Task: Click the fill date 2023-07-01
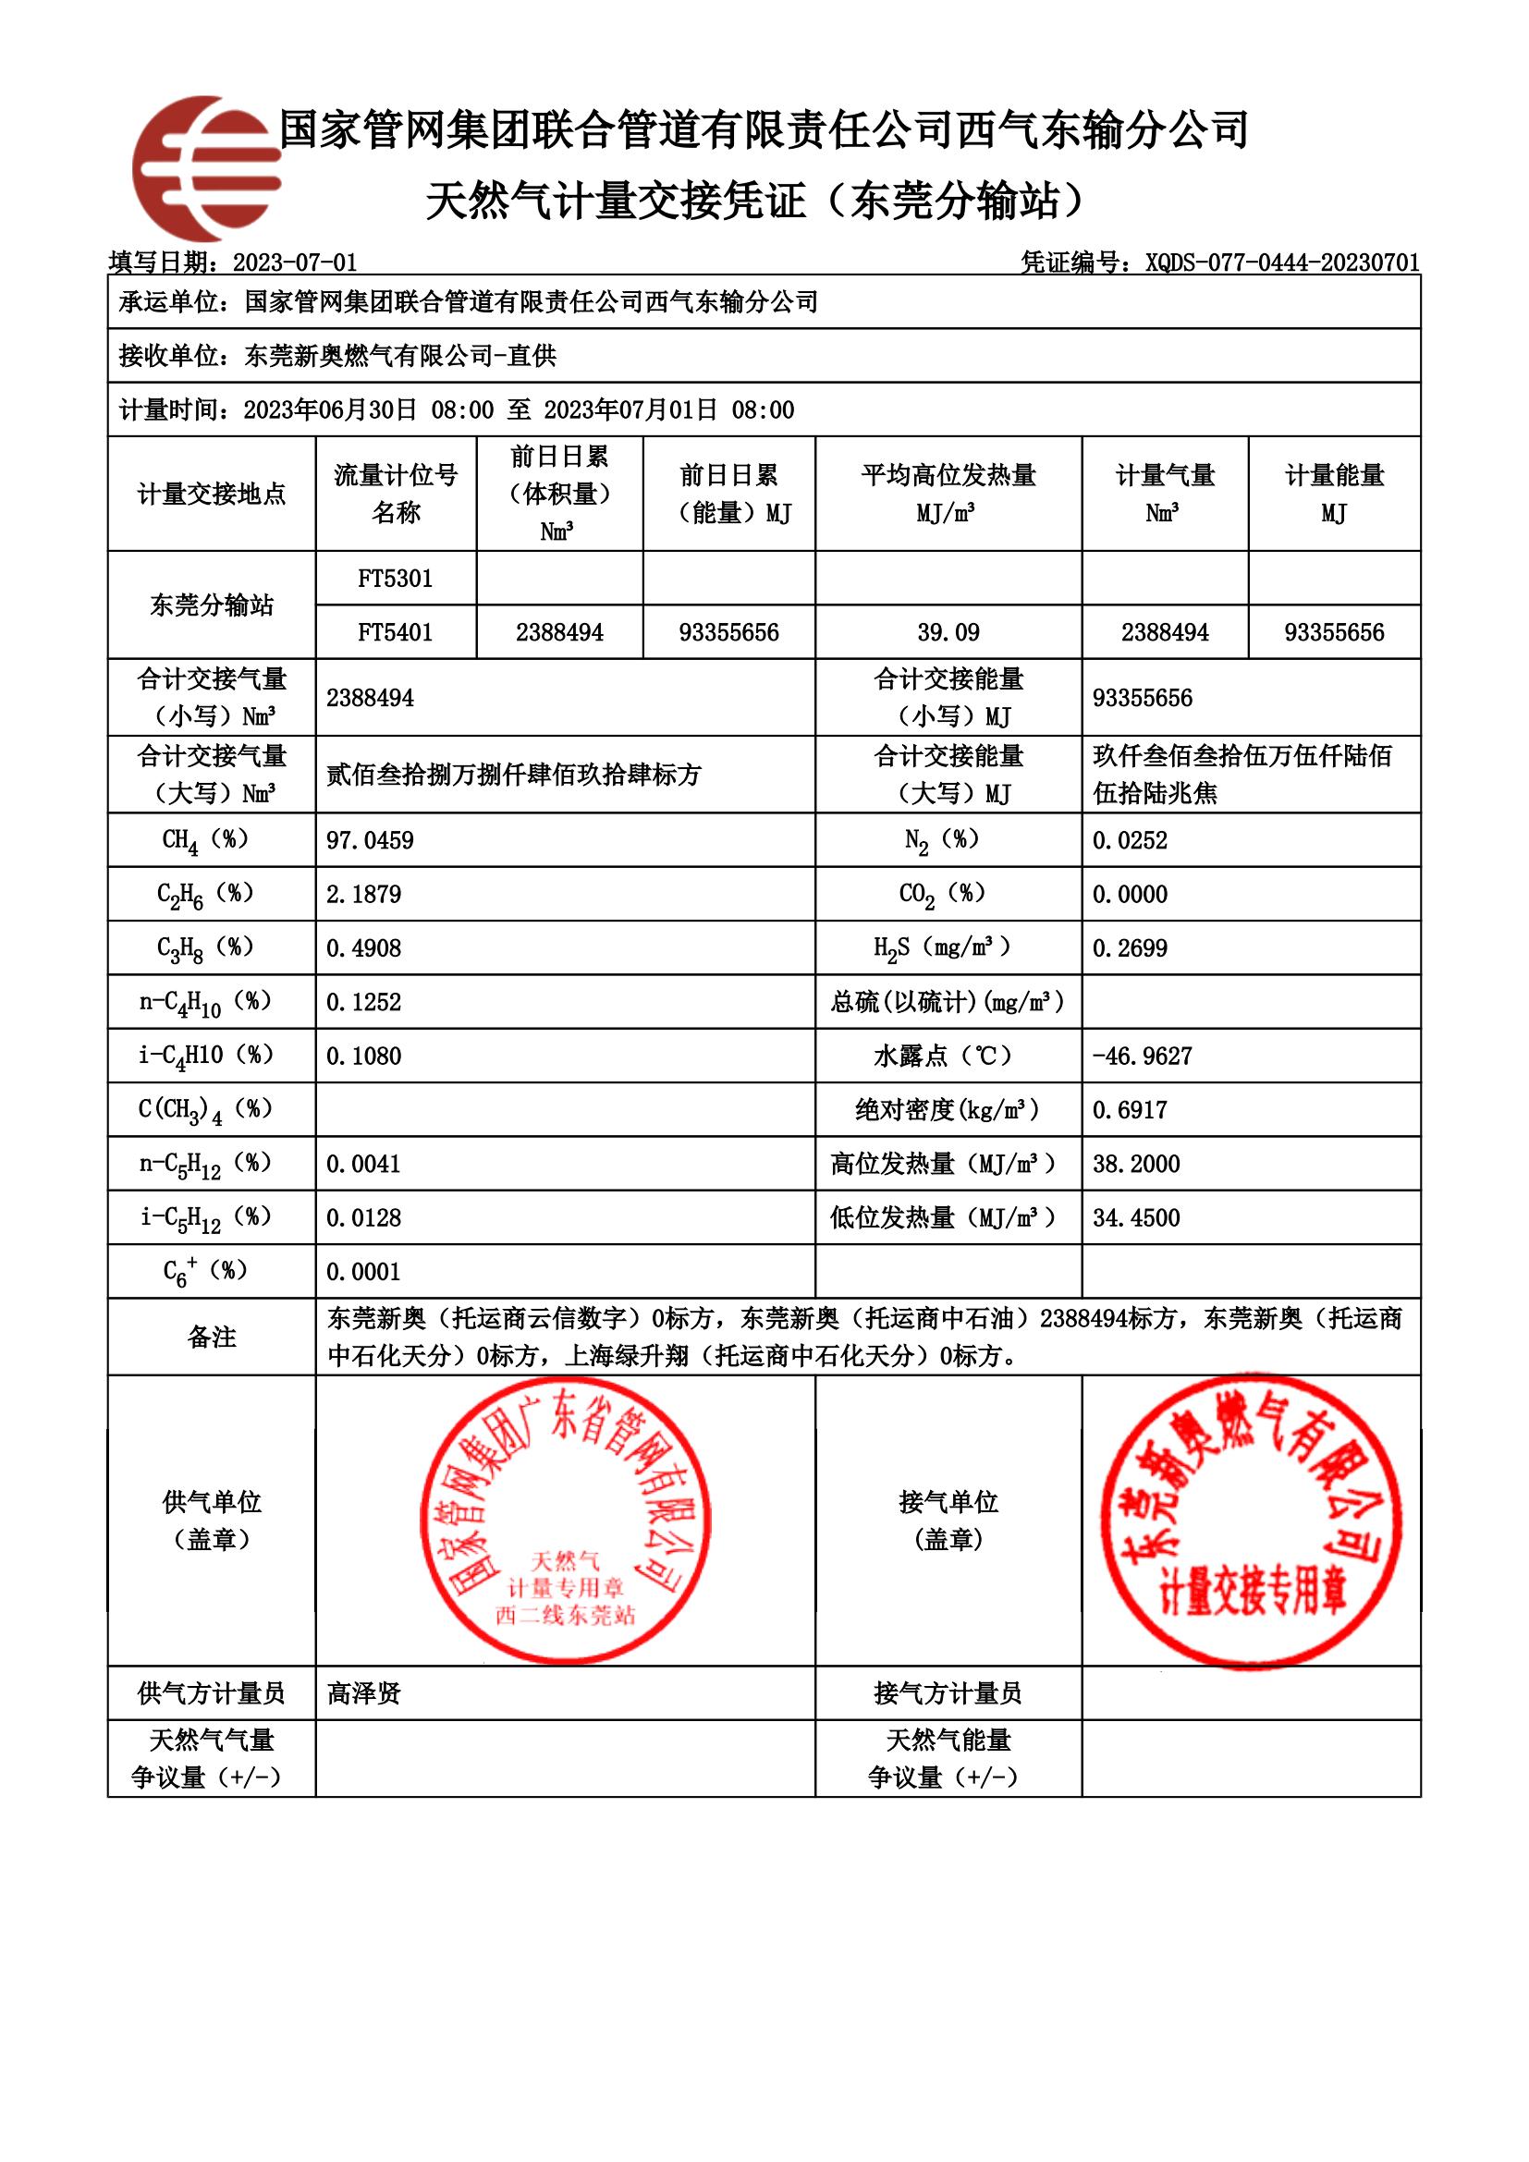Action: (x=295, y=263)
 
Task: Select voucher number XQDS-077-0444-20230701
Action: (x=1281, y=263)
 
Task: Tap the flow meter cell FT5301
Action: (x=396, y=578)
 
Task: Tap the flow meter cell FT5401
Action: (x=396, y=632)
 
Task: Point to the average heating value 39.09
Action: (x=948, y=632)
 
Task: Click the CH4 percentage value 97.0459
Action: (x=370, y=840)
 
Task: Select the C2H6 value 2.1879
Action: (x=363, y=894)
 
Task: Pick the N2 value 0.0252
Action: (x=1130, y=840)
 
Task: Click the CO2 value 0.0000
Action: (x=1130, y=894)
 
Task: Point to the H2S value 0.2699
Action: (x=1130, y=948)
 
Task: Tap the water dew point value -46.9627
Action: (x=1142, y=1056)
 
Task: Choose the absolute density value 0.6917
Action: (x=1130, y=1110)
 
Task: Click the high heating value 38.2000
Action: (x=1135, y=1164)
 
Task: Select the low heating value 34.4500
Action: (x=1135, y=1217)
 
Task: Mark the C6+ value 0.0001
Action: (x=363, y=1272)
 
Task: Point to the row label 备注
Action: (x=212, y=1338)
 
